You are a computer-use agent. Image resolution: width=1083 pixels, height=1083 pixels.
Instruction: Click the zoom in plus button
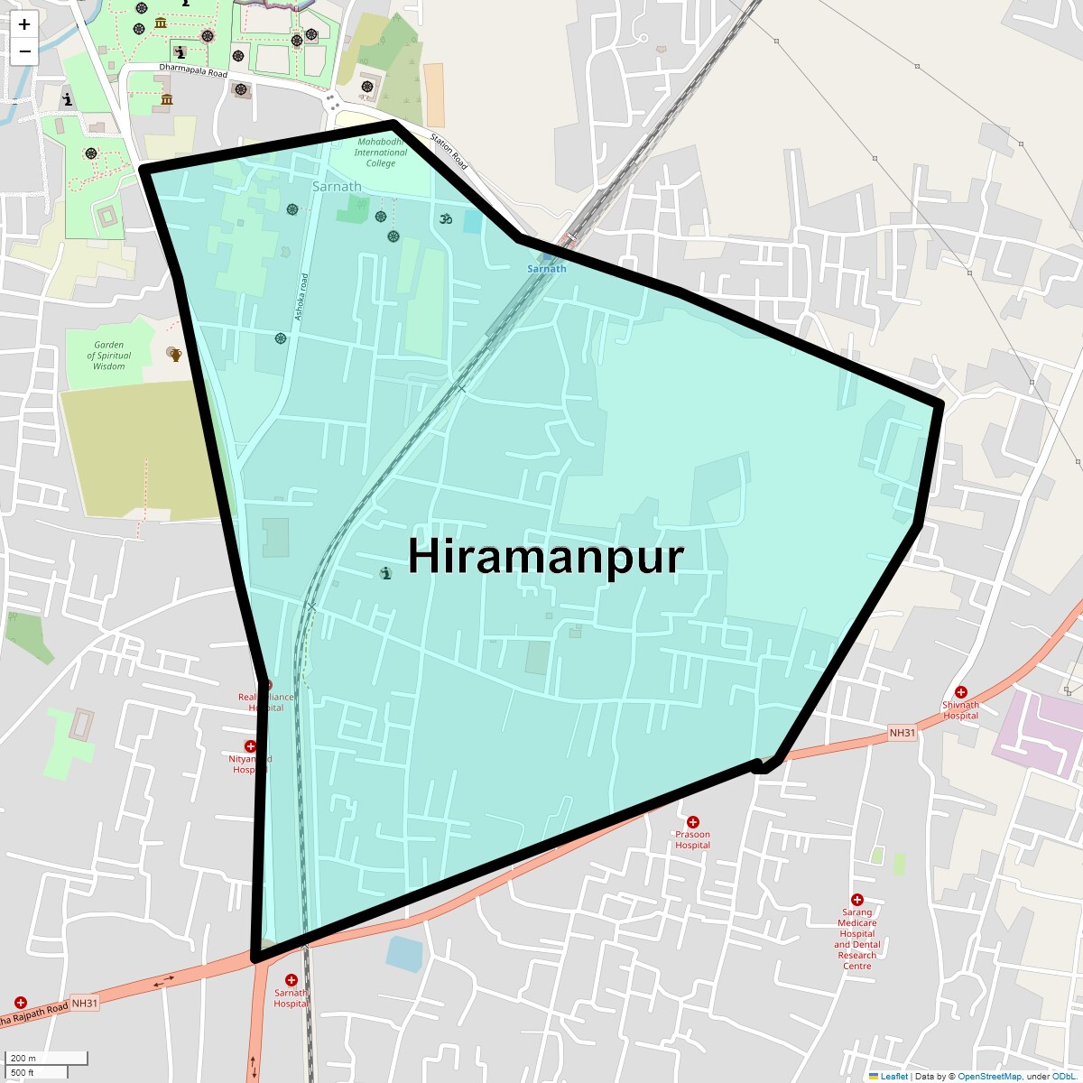(24, 24)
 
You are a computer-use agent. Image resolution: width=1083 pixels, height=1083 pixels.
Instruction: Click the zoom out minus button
(24, 51)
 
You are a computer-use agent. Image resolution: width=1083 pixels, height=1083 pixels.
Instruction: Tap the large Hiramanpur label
(545, 556)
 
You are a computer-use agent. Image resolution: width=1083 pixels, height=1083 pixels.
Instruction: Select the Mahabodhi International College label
(380, 153)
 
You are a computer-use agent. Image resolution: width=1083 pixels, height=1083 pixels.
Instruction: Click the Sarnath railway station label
(547, 269)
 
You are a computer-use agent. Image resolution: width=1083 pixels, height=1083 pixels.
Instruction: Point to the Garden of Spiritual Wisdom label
(108, 356)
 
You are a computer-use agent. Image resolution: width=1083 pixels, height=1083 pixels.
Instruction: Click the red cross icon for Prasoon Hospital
(692, 822)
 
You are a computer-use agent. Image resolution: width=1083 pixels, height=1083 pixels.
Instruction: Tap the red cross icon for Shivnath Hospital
(960, 692)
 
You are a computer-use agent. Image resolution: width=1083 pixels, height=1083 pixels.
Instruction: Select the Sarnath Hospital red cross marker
(291, 980)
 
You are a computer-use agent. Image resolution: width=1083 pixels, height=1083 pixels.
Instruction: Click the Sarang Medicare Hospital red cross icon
(856, 900)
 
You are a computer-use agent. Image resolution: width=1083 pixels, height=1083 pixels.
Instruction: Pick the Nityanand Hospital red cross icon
(250, 746)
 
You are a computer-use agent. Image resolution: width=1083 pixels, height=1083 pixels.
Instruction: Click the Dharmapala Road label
(193, 69)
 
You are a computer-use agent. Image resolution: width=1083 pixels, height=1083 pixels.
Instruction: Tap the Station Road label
(449, 153)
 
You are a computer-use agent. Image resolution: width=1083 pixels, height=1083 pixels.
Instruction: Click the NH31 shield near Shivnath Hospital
(902, 733)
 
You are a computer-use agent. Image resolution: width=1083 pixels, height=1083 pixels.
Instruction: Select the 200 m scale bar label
(23, 1058)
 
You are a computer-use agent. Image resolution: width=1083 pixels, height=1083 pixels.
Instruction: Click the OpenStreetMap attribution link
(989, 1077)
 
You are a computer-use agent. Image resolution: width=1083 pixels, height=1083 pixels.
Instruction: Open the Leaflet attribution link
(893, 1077)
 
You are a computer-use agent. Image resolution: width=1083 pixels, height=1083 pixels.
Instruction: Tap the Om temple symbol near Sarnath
(444, 218)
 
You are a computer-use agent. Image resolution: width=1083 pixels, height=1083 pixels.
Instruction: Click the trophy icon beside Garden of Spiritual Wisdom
(174, 355)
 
